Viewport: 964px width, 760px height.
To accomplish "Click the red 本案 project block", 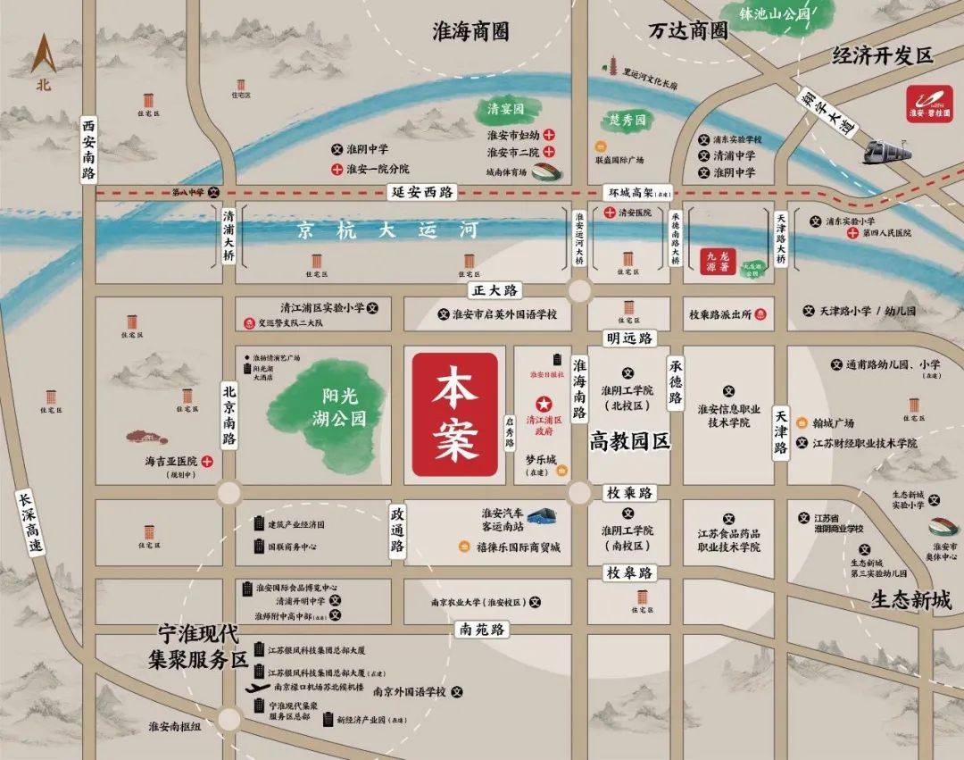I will [x=454, y=413].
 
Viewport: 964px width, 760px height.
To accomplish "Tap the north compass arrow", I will [x=44, y=55].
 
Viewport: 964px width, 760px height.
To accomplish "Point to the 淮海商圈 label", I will [x=470, y=32].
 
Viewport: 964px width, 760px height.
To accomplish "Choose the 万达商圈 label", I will [x=688, y=30].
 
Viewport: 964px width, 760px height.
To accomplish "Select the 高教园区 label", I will [x=629, y=440].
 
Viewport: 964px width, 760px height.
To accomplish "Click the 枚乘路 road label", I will [x=630, y=493].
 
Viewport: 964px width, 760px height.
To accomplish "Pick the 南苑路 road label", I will [x=483, y=630].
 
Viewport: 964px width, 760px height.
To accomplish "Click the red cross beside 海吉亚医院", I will [x=206, y=462].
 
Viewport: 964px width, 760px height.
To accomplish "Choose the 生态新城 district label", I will [x=910, y=600].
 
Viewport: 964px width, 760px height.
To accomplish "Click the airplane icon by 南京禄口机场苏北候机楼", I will [x=259, y=689].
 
